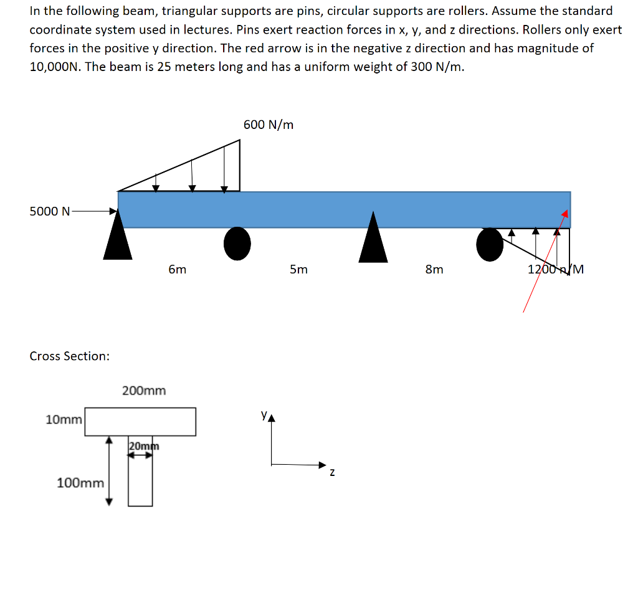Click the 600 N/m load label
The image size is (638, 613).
tap(269, 125)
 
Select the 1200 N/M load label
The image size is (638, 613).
tap(555, 269)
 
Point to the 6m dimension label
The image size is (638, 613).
tap(177, 269)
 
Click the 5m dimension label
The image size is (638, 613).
tap(298, 269)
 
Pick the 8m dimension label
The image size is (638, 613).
tap(434, 269)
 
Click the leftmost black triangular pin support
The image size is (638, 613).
tap(118, 240)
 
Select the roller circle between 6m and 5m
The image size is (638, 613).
tap(237, 244)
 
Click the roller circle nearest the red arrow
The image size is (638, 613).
tap(490, 244)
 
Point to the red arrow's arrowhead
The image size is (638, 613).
tap(564, 214)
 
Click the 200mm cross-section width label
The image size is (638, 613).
tap(144, 391)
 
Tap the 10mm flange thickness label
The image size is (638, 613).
tap(64, 420)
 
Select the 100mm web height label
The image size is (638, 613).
tap(80, 483)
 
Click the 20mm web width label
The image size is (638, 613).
tap(144, 446)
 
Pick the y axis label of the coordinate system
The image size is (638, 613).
tap(264, 413)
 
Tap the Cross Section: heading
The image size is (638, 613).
tap(70, 356)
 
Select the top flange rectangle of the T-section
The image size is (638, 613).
tap(140, 422)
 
